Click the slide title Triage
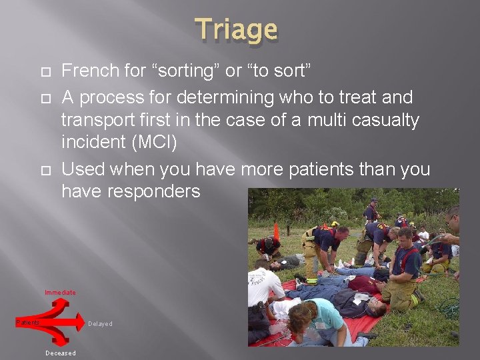(237, 30)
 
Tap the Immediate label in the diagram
(60, 293)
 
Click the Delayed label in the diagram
(100, 324)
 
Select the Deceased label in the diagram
(60, 353)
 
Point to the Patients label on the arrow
(28, 323)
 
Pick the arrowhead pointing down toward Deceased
(61, 342)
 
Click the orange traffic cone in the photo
(276, 231)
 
